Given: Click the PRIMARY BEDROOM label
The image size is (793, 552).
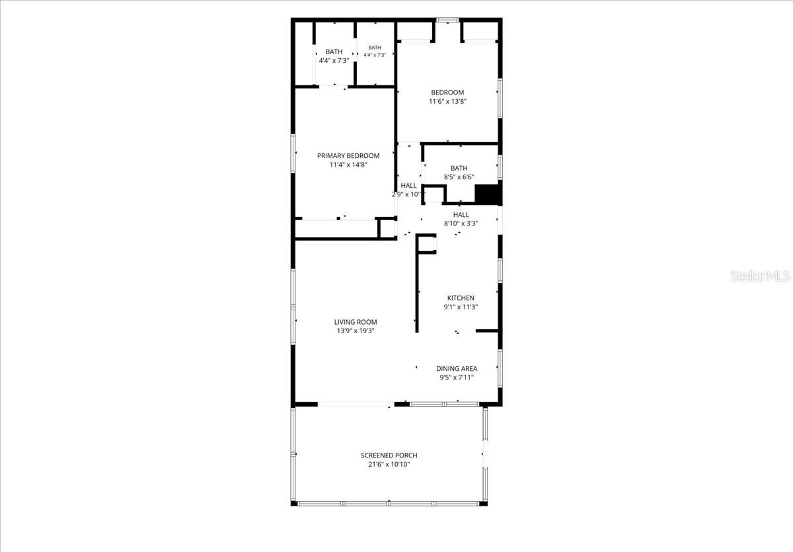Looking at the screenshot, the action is (348, 156).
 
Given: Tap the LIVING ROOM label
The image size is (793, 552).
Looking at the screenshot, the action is (356, 322).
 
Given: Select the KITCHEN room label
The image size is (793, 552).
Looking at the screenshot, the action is (461, 298).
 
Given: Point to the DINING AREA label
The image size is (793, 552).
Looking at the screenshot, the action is (457, 369).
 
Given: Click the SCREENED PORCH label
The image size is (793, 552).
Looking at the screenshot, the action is (389, 455).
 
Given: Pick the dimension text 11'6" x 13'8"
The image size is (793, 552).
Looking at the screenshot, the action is (447, 102).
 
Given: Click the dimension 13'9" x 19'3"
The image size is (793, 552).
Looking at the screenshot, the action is (356, 331).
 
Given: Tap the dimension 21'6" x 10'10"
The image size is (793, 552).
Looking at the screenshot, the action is (389, 465).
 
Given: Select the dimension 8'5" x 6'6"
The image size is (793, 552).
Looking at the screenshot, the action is (459, 177).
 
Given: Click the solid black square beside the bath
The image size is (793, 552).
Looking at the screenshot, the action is (487, 194).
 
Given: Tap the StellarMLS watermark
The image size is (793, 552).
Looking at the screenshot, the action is (760, 276).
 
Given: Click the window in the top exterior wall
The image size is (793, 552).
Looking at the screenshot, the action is (447, 20).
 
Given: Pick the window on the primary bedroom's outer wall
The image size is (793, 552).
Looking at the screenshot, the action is (293, 153).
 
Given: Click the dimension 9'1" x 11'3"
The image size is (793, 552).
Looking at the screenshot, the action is (461, 307).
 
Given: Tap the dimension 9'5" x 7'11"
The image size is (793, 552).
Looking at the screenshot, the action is (457, 377).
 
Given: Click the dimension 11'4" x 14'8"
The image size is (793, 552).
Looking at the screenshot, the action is (348, 165).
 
